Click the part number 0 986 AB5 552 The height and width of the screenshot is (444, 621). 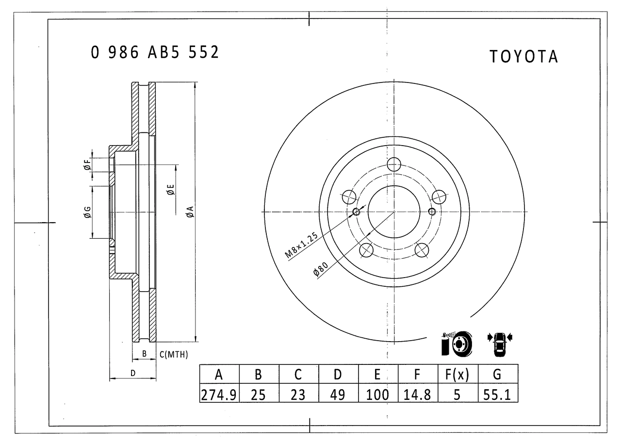tap(155, 52)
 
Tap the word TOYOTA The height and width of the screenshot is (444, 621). tap(523, 57)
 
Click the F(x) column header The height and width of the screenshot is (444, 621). tap(458, 375)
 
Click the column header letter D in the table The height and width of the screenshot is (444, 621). tap(338, 375)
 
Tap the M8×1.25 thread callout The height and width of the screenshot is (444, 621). tap(301, 245)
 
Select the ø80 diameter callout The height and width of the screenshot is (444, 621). tap(321, 269)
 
